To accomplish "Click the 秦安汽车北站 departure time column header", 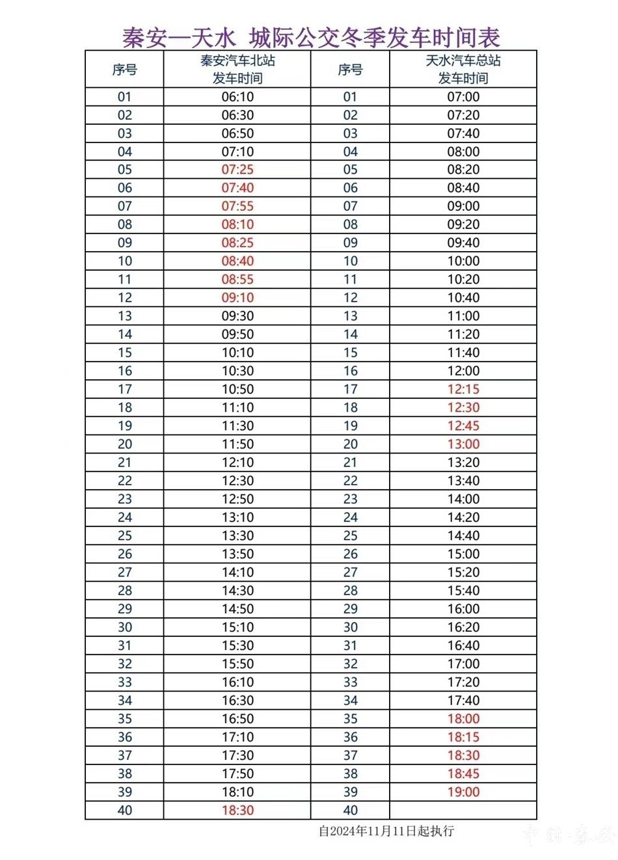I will [237, 69].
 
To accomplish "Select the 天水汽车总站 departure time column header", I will [463, 69].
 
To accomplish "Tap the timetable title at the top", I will [311, 37].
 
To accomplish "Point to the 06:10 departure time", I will [237, 97].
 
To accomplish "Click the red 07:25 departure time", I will [237, 170].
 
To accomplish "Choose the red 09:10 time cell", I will [237, 298].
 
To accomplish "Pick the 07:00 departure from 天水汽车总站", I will [463, 97].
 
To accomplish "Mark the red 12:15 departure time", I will [463, 389].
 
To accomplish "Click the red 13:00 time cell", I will [463, 444].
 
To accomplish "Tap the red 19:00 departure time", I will [463, 792].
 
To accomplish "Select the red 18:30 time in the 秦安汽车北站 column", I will [237, 810].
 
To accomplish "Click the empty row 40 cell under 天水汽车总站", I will [463, 810].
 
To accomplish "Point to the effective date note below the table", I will [386, 831].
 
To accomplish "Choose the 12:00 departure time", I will [463, 371].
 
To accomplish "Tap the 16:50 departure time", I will [237, 719].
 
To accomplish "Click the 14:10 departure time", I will [237, 572].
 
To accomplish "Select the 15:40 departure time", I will [463, 591].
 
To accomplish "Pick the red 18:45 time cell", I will [463, 773].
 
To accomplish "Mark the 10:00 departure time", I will [463, 261].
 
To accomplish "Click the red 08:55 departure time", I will [237, 279].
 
